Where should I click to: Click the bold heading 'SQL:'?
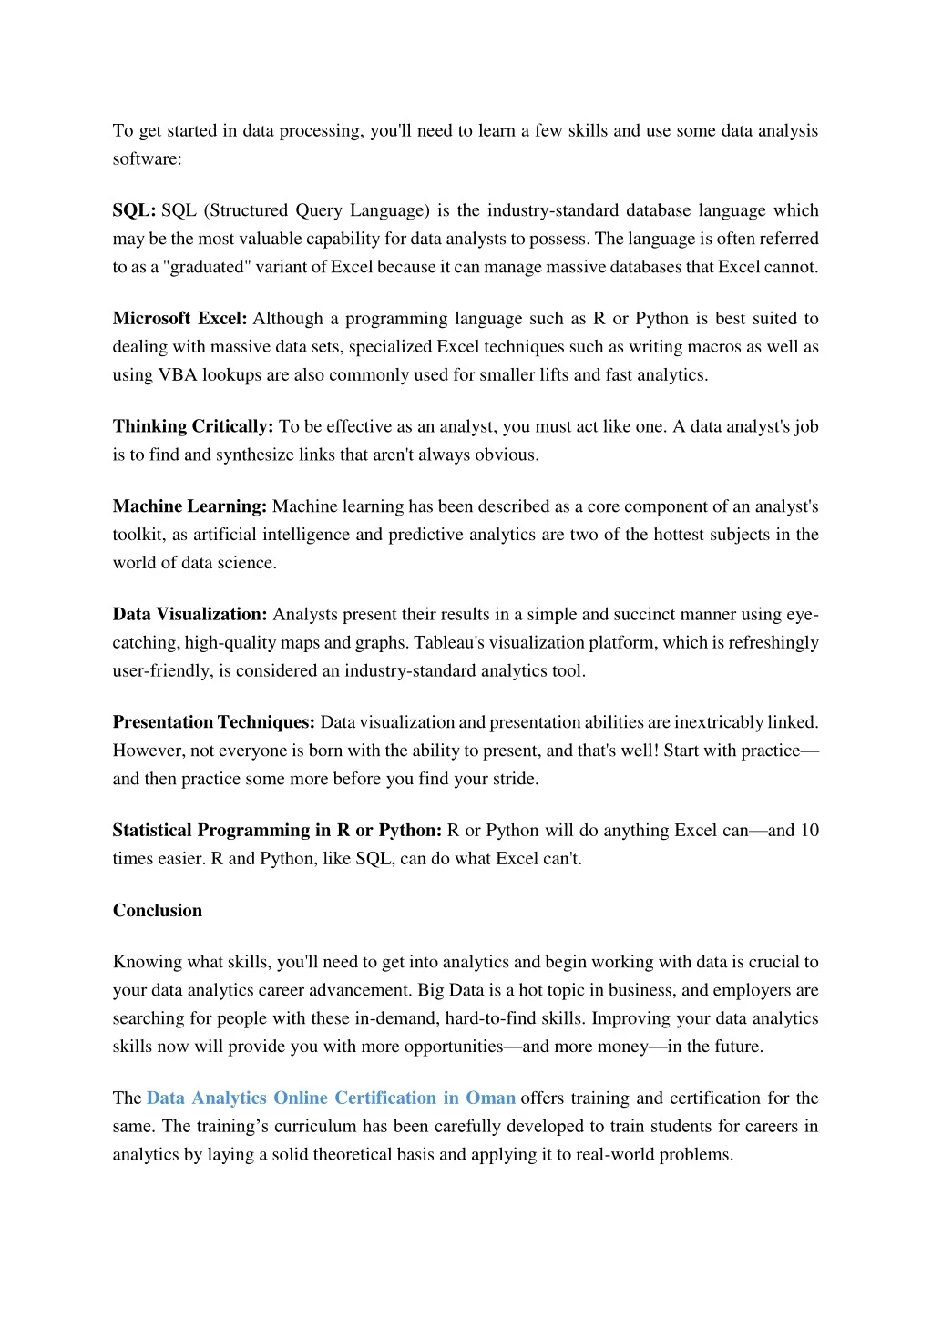(x=134, y=210)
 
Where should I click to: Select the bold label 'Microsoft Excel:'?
(x=179, y=318)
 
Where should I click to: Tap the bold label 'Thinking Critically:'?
(x=192, y=426)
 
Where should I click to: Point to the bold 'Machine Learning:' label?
(x=189, y=506)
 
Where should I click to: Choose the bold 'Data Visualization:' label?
(x=189, y=614)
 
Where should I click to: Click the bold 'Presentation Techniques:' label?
(x=213, y=722)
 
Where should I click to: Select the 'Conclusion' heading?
(x=158, y=910)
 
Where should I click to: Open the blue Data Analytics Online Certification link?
(x=331, y=1098)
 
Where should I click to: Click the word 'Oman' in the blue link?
(x=490, y=1098)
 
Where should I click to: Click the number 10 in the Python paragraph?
(x=809, y=830)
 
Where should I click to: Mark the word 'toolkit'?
(x=138, y=535)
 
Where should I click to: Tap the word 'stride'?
(x=514, y=779)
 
